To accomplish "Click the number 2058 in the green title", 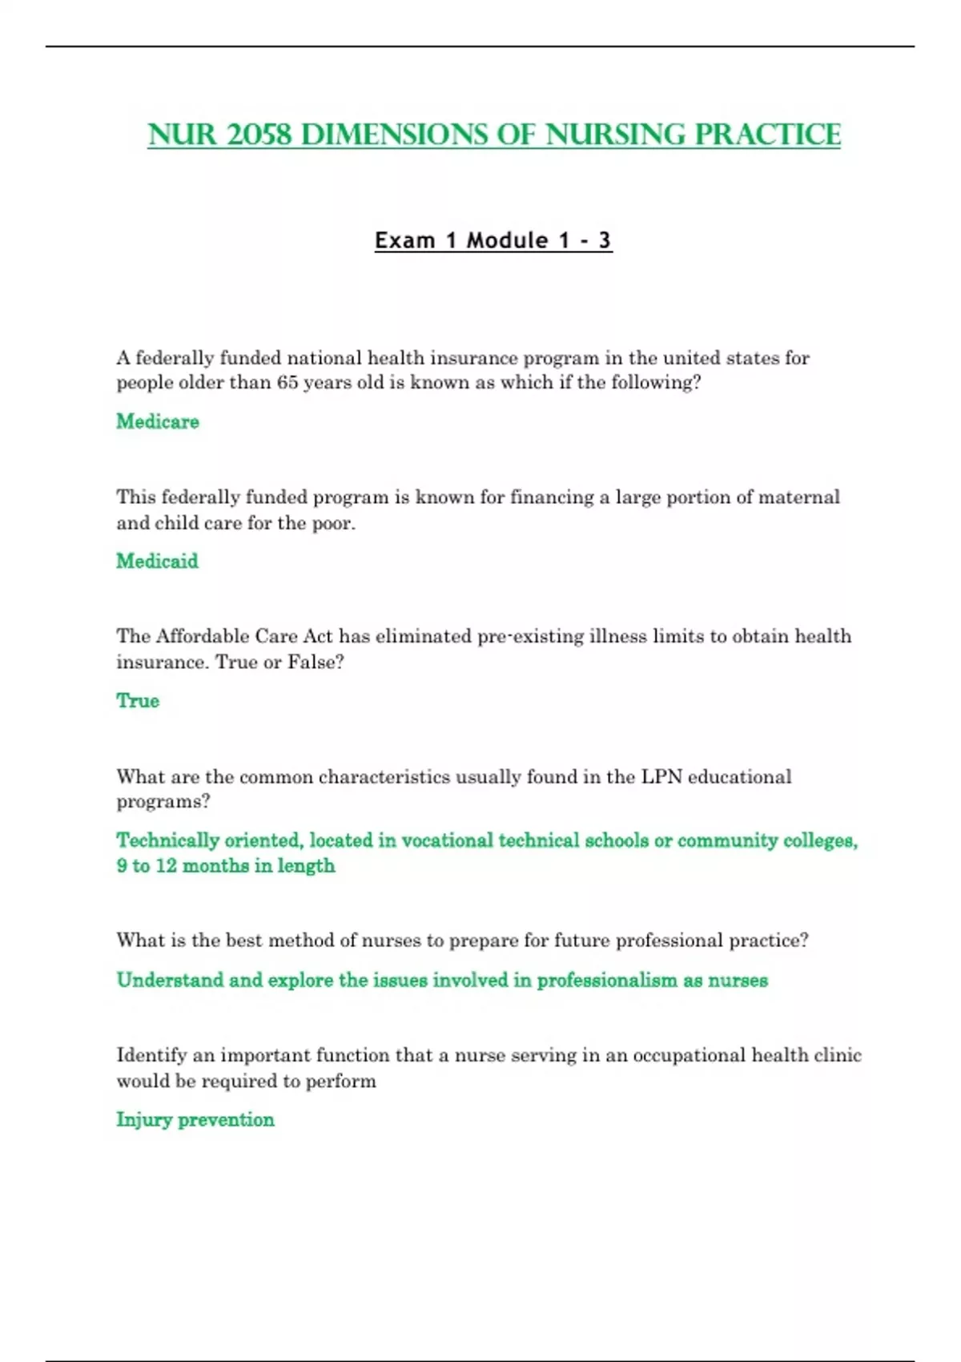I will (x=259, y=135).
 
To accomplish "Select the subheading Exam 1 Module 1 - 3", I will (x=493, y=240).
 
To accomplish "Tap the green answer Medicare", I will (x=158, y=421).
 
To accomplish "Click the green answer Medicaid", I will (x=157, y=561).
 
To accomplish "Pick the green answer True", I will (x=138, y=700).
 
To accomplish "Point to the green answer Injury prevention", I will (x=195, y=1119).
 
